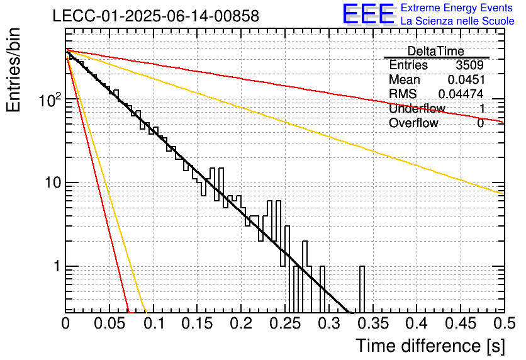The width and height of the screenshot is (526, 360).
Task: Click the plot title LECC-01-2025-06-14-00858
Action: click(x=156, y=16)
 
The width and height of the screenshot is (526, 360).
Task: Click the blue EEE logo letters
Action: click(x=369, y=14)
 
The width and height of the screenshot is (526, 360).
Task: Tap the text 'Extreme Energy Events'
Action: click(x=457, y=8)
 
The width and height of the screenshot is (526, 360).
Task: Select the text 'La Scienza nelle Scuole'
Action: click(x=457, y=21)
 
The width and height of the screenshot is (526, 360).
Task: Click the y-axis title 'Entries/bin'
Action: click(x=13, y=70)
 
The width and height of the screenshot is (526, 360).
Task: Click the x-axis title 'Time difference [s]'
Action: click(x=430, y=346)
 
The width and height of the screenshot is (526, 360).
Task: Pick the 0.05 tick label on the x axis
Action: click(x=109, y=323)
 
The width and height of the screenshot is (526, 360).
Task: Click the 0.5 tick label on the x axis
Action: click(x=505, y=323)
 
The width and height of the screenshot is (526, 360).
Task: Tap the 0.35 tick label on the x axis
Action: click(x=372, y=323)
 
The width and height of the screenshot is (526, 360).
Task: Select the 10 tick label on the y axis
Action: click(x=53, y=183)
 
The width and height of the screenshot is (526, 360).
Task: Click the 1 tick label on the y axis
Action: click(x=57, y=266)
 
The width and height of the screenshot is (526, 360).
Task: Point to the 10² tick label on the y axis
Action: click(x=50, y=99)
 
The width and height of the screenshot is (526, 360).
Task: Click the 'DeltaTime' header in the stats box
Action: click(x=436, y=51)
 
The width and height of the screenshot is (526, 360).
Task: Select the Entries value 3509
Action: click(x=469, y=65)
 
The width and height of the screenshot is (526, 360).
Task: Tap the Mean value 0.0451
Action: click(x=466, y=79)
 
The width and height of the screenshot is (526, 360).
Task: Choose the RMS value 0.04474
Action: click(x=461, y=94)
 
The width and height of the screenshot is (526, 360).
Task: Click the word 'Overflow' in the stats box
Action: click(x=413, y=123)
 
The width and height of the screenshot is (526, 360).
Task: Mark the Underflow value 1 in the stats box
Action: click(x=482, y=108)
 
